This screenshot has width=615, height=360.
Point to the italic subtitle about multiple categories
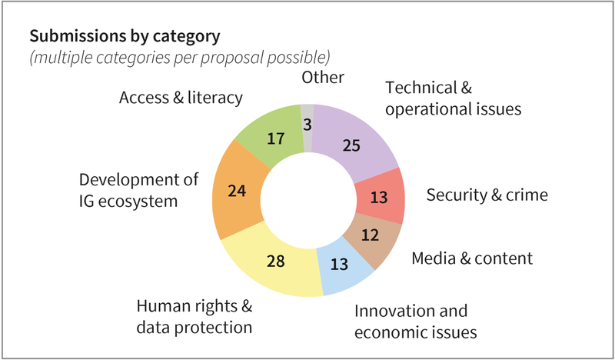point(180,57)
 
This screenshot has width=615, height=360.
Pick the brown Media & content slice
point(371,235)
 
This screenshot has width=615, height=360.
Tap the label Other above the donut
point(323,77)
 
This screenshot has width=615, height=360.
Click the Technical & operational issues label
point(454,98)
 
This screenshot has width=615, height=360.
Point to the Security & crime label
point(487,195)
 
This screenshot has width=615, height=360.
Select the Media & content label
point(472,257)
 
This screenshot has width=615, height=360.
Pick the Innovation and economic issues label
point(416,322)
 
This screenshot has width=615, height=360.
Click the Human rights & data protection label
point(194,316)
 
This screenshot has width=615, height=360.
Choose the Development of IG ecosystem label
point(139,190)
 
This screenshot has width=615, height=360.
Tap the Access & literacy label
point(181,98)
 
